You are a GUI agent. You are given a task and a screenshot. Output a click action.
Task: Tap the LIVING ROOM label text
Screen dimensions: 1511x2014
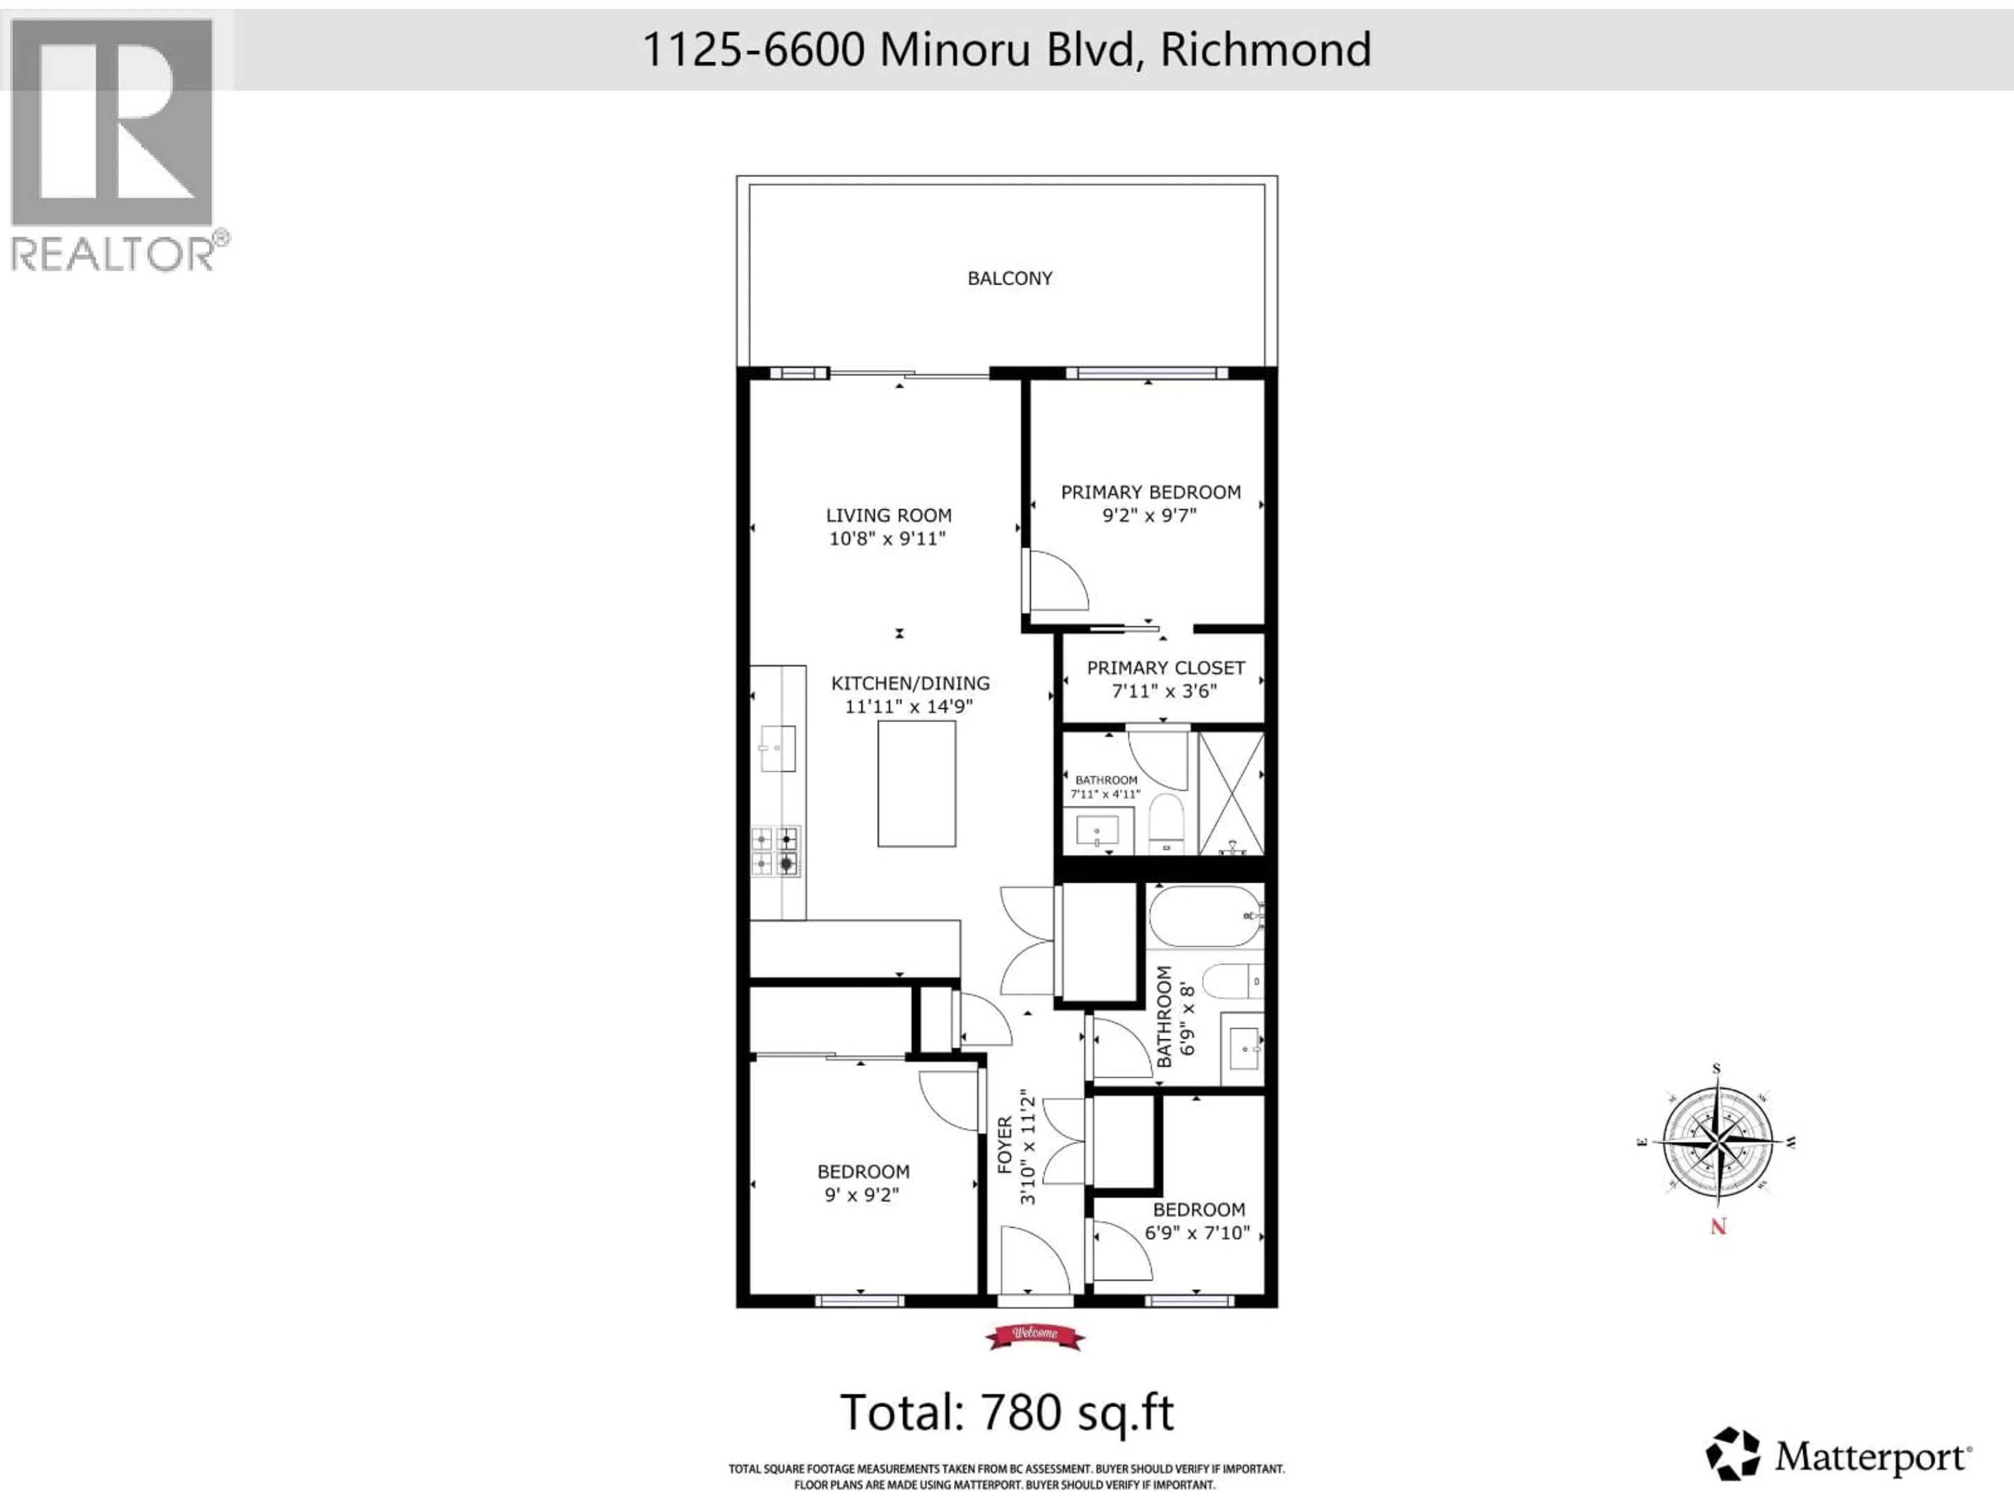[888, 516]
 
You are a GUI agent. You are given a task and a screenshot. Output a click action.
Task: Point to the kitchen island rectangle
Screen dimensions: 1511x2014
[916, 783]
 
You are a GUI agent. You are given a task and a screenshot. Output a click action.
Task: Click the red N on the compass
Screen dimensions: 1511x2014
[1718, 1227]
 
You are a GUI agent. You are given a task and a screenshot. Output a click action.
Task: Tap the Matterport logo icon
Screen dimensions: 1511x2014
[1733, 1454]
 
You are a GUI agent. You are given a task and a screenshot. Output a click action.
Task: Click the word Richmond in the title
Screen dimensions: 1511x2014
[1266, 49]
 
